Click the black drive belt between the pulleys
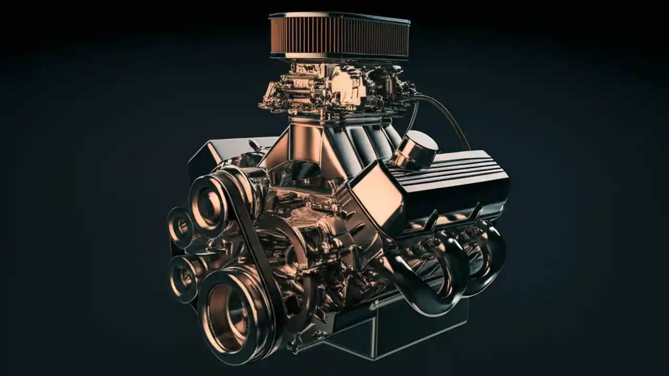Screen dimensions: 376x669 tap(256, 245)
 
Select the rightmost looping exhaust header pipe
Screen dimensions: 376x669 tap(489, 256)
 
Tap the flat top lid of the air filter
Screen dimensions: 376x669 tap(340, 17)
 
